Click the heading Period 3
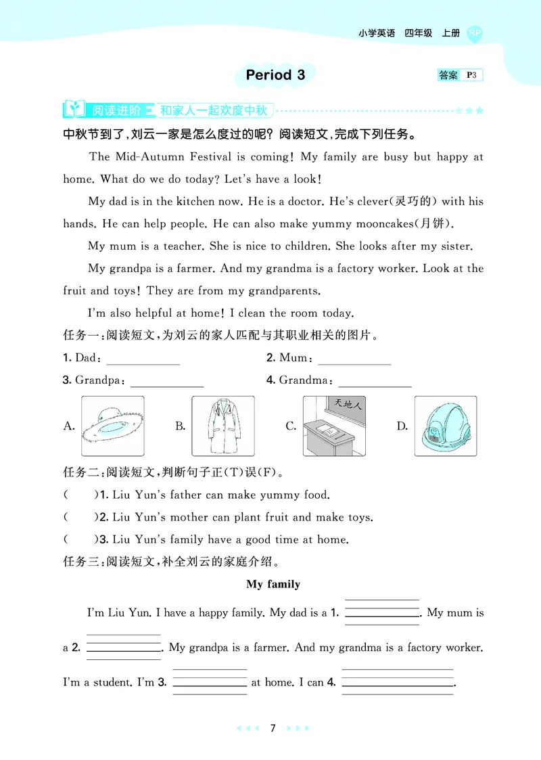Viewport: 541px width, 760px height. pyautogui.click(x=275, y=75)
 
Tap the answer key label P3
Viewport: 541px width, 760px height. pyautogui.click(x=473, y=75)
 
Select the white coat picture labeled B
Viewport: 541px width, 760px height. pyautogui.click(x=222, y=426)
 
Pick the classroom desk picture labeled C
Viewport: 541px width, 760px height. pyautogui.click(x=333, y=426)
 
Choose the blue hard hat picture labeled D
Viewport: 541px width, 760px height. pyautogui.click(x=445, y=426)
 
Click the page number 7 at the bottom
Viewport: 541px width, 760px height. pyautogui.click(x=273, y=728)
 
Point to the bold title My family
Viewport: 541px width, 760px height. pyautogui.click(x=273, y=584)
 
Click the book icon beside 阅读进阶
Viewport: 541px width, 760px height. pyautogui.click(x=74, y=109)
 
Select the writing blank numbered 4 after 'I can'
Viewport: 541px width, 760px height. pyautogui.click(x=397, y=683)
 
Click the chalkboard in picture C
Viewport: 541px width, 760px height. pyautogui.click(x=346, y=407)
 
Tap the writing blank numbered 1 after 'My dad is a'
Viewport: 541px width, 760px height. pyautogui.click(x=382, y=613)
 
